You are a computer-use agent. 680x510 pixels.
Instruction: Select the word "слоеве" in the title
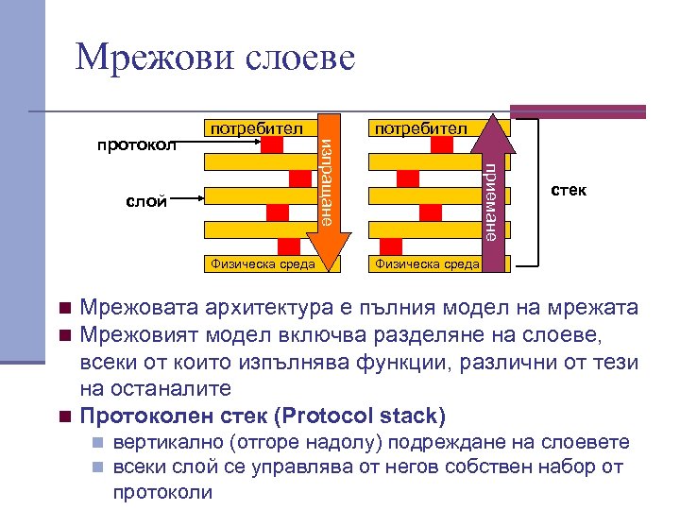300,59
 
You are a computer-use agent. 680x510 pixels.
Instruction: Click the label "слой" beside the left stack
146,199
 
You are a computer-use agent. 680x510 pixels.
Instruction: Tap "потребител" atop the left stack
256,127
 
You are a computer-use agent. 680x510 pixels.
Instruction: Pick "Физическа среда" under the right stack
427,263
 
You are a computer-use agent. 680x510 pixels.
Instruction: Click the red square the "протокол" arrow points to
271,146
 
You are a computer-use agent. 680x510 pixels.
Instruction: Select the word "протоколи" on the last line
161,491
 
